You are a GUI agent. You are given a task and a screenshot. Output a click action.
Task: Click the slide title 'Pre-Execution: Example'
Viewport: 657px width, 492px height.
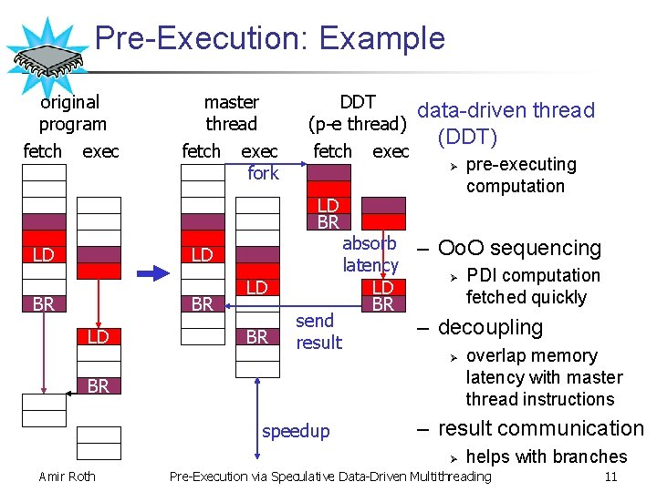tap(270, 38)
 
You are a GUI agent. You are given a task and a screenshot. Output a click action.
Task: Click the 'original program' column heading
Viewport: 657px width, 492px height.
tap(72, 113)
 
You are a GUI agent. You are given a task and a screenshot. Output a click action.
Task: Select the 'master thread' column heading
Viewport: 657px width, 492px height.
tap(231, 113)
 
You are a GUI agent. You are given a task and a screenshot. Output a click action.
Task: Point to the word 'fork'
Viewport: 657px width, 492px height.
tap(263, 173)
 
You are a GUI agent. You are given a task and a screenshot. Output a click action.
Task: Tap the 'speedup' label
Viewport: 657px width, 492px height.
tap(296, 431)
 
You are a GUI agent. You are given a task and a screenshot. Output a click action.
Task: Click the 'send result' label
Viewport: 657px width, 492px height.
tap(318, 332)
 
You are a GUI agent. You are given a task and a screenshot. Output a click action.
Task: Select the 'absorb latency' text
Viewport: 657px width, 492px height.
tap(370, 254)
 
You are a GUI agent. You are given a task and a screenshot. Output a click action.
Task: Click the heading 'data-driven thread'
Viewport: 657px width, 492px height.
tap(506, 111)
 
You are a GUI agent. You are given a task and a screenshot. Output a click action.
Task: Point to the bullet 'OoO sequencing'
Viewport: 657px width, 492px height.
tap(519, 248)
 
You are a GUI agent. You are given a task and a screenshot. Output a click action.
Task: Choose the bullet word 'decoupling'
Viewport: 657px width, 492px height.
tap(490, 327)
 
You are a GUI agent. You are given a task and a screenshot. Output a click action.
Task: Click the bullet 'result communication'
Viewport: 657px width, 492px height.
tap(540, 428)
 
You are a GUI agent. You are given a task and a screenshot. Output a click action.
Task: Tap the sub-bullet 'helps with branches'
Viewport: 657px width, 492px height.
tap(546, 456)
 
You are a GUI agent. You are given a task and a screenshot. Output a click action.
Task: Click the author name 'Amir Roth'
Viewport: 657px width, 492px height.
tap(67, 476)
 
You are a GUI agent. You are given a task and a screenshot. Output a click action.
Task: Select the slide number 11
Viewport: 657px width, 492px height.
tap(611, 476)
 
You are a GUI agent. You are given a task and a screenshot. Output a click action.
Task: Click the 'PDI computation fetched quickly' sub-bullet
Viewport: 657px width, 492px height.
tap(532, 286)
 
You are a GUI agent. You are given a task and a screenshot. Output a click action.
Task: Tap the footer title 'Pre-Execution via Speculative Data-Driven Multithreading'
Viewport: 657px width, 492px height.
tap(330, 476)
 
